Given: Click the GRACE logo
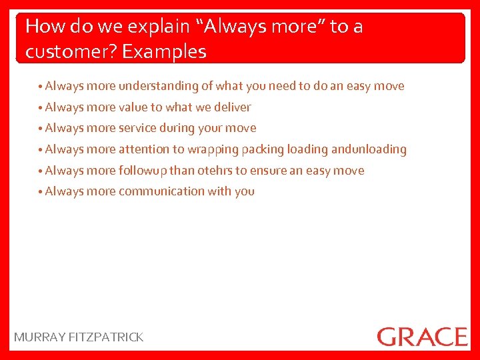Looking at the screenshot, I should [x=422, y=336].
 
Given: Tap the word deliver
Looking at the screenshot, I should [x=233, y=107].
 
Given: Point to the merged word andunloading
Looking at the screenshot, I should [x=369, y=149].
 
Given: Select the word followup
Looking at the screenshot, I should [x=143, y=171].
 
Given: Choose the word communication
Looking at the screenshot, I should [x=161, y=191].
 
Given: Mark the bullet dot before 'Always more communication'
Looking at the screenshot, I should [x=41, y=192].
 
